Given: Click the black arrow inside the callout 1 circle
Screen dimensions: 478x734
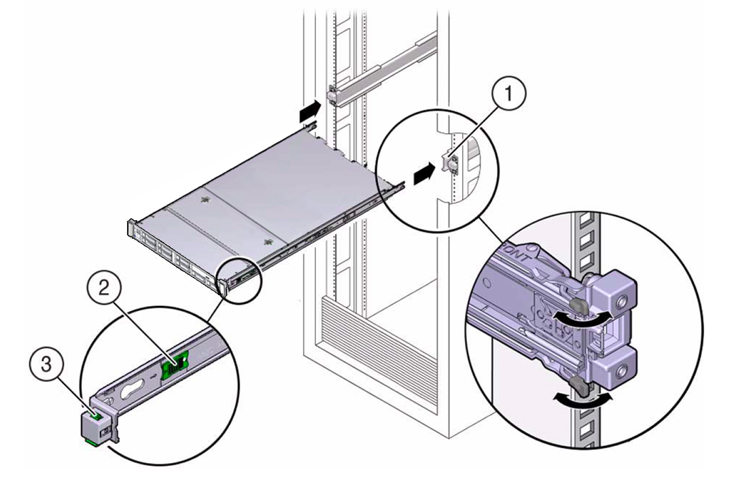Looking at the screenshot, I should point(422,173).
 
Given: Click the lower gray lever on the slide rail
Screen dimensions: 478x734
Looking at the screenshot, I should point(578,386).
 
